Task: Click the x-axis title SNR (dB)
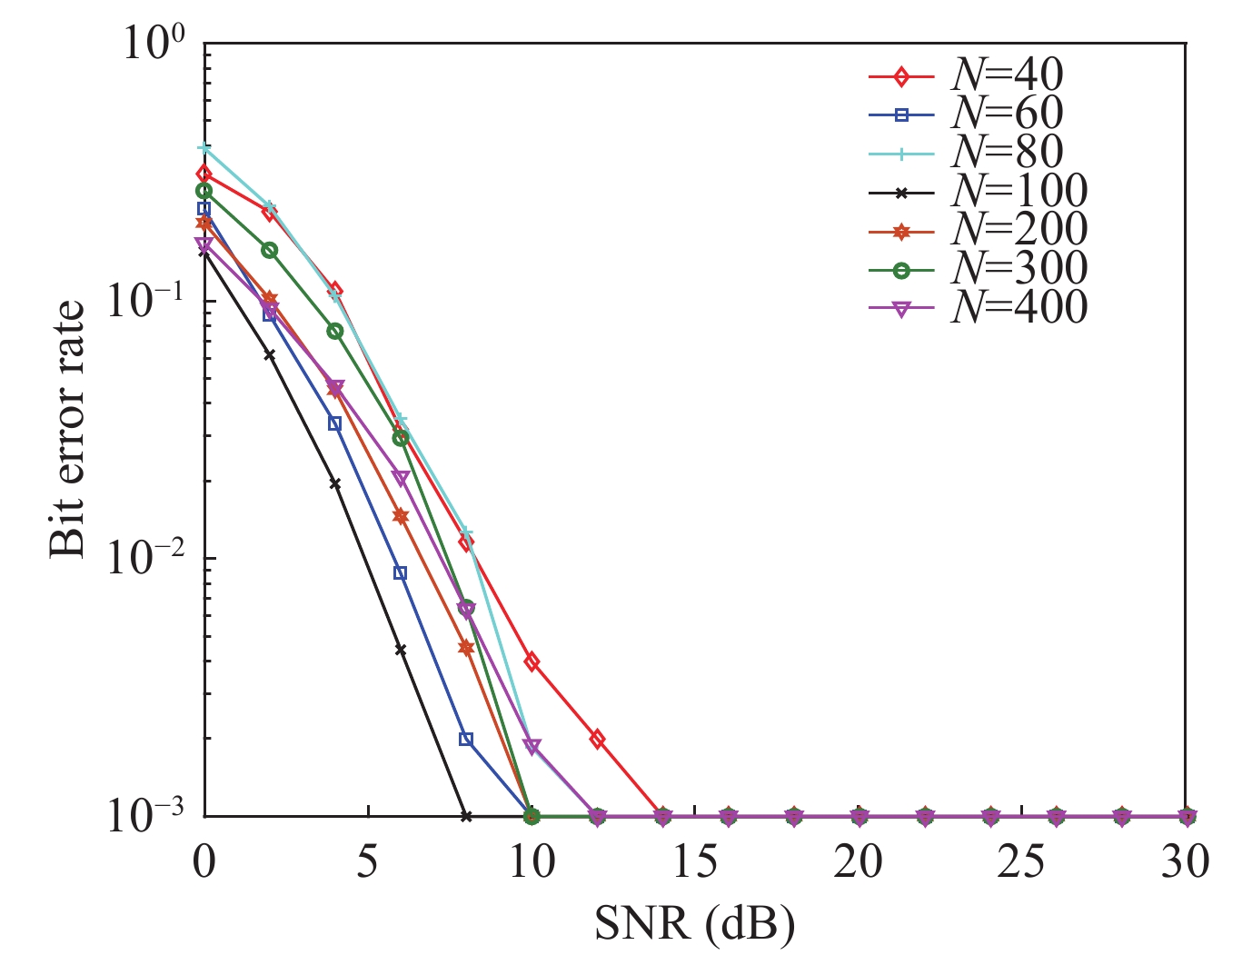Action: tap(695, 924)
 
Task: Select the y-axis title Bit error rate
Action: tap(67, 428)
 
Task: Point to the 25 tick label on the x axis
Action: tap(1022, 861)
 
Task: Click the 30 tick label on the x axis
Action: tap(1185, 861)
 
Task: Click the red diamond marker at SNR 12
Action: tap(597, 739)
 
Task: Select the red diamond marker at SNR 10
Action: tap(532, 662)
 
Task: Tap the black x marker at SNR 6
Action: tap(401, 650)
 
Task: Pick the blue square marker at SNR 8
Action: tap(466, 740)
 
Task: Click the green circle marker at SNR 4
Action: tap(335, 332)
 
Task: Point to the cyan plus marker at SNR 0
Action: tap(205, 148)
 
